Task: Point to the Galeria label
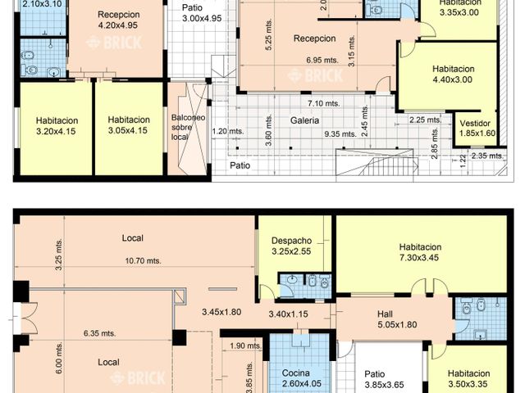click(304, 120)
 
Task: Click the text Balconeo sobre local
click(188, 128)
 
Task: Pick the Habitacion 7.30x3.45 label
click(420, 252)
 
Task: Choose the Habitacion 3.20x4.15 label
click(57, 126)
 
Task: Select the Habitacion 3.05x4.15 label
click(129, 125)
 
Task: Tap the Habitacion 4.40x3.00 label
click(453, 75)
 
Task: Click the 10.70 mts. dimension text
click(143, 260)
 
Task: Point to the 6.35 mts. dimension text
click(100, 333)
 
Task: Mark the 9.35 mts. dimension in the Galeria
click(340, 134)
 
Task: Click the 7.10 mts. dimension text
click(324, 103)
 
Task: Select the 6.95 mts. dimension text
click(322, 60)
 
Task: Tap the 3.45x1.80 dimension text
click(221, 312)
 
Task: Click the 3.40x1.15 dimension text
click(288, 314)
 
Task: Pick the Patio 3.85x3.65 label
click(384, 379)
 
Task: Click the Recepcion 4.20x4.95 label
click(118, 20)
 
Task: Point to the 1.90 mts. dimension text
click(245, 346)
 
